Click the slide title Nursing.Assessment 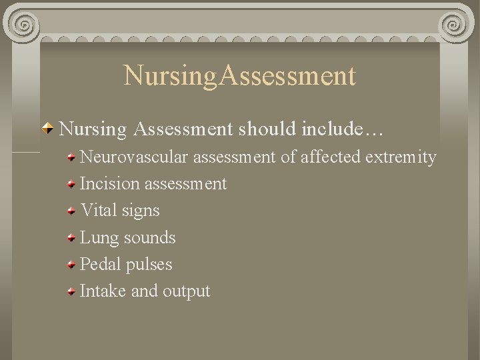(240, 75)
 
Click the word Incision (109, 183)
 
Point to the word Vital (99, 210)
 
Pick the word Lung (98, 237)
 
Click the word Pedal (101, 264)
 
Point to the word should (267, 129)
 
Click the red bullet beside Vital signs (71, 211)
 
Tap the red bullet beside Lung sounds (71, 238)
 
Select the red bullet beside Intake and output (71, 291)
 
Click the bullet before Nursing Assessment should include (49, 129)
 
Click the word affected (328, 157)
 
